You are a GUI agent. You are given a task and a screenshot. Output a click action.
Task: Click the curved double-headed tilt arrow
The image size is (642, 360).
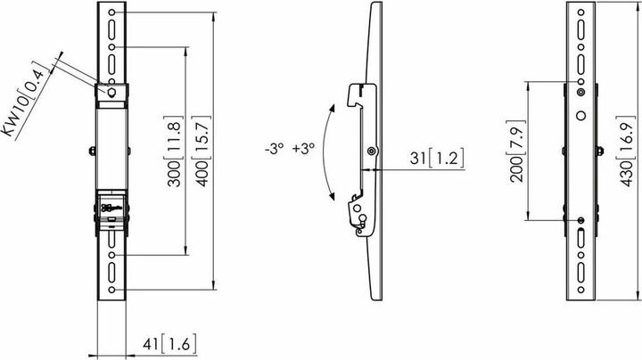[325, 151]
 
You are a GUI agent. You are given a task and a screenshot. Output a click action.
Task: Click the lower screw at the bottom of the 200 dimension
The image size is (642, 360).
[581, 220]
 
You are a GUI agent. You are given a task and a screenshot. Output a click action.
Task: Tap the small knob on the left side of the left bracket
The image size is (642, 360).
[93, 150]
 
